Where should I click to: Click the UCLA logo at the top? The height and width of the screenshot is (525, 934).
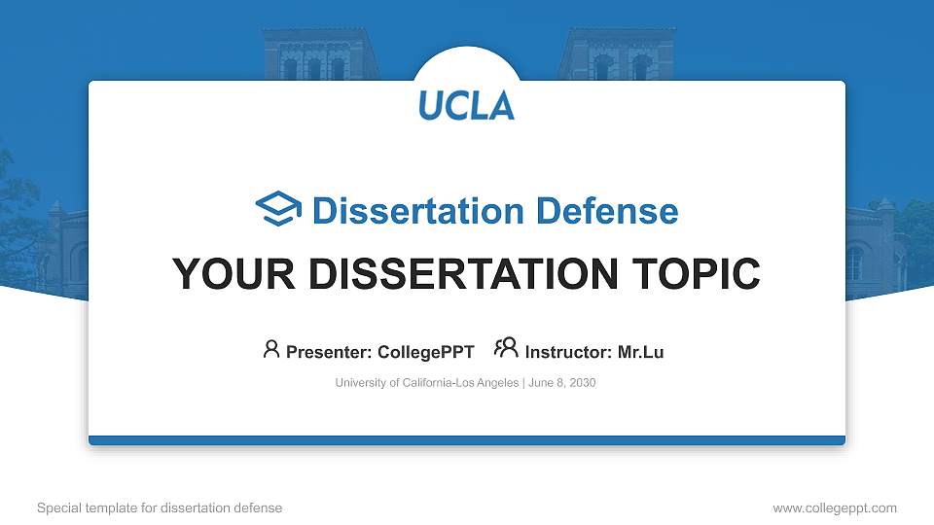click(466, 105)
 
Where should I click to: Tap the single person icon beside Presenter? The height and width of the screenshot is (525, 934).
click(271, 350)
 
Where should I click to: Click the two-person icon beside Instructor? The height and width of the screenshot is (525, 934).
click(506, 349)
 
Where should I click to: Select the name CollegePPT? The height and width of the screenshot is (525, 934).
click(426, 352)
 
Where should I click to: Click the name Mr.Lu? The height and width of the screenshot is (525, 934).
click(640, 352)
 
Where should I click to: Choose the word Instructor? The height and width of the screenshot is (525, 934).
click(568, 352)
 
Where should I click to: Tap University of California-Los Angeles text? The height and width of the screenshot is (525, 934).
click(427, 383)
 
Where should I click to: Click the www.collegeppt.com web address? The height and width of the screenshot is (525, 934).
click(834, 507)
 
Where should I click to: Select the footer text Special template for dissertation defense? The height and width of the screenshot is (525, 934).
click(160, 507)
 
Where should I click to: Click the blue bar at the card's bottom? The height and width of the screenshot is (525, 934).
click(466, 440)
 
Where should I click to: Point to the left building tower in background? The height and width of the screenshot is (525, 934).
click(318, 53)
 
